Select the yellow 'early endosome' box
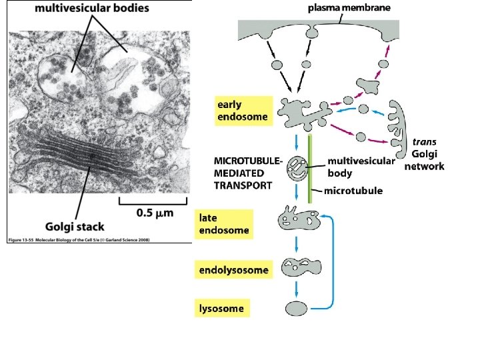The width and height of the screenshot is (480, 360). pos(243,111)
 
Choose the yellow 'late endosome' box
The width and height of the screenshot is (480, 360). pos(225,224)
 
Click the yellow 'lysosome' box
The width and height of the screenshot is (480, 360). pos(223,309)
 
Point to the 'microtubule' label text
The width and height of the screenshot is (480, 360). pos(353,191)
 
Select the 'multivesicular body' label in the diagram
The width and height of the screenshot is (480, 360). pos(361,166)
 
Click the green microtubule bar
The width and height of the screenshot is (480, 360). pos(310,170)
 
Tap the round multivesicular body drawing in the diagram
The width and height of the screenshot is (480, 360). pos(297,169)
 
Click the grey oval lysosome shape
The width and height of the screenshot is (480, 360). pos(296,308)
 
